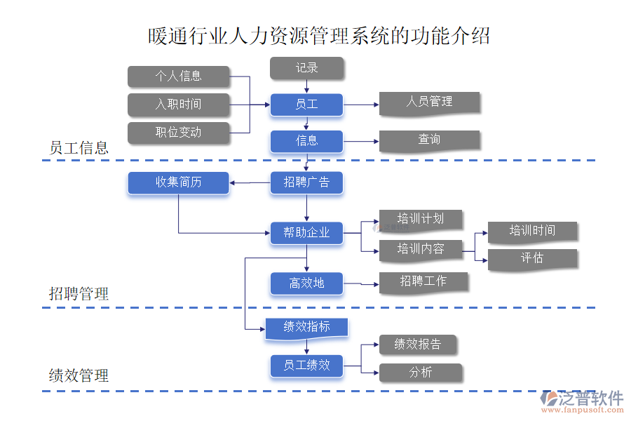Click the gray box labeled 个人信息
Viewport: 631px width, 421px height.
tap(178, 76)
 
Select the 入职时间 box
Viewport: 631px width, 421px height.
tap(178, 105)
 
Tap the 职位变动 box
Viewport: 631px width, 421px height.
tap(178, 133)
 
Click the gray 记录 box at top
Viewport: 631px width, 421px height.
tap(306, 68)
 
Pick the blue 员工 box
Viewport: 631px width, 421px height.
tap(306, 105)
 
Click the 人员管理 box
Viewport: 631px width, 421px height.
tap(429, 102)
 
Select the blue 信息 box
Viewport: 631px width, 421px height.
tap(306, 141)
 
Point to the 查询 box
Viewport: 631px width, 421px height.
tap(429, 140)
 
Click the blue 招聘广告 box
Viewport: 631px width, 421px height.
tap(306, 183)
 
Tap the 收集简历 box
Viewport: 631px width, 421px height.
tap(178, 183)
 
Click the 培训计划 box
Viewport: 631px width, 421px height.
tap(420, 219)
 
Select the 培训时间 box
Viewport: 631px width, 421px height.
tap(532, 232)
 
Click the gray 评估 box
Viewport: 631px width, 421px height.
tap(532, 259)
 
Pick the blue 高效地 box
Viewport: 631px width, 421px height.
tap(306, 283)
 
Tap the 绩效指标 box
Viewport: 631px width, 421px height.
tap(306, 328)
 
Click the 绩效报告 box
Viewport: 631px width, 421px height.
tap(418, 345)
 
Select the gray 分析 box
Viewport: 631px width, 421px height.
tap(420, 373)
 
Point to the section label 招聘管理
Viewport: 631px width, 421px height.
tap(79, 294)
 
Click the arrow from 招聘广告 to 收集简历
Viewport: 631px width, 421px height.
tap(250, 184)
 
